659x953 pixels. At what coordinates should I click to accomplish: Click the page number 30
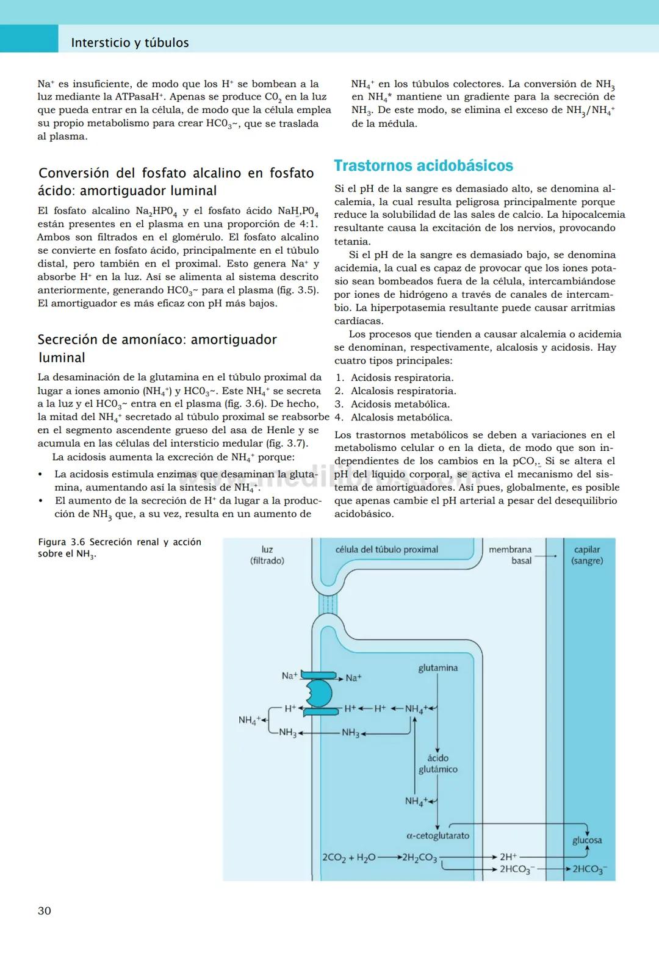(x=45, y=910)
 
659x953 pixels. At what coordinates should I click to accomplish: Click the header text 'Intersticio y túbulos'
(x=129, y=43)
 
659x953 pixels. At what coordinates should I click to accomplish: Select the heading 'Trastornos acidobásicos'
(x=423, y=165)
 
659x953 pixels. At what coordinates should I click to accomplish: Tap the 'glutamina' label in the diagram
(x=438, y=668)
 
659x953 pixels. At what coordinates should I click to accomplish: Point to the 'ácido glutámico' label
(x=438, y=764)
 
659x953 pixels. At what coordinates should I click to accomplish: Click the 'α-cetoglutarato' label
(x=438, y=835)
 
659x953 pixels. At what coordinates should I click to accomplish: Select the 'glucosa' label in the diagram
(x=586, y=840)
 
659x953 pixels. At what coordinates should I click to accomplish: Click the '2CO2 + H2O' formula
(x=349, y=858)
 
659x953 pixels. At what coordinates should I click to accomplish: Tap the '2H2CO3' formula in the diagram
(x=419, y=858)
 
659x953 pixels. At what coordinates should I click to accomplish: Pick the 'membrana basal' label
(x=510, y=555)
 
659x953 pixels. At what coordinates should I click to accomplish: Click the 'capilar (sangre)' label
(x=586, y=555)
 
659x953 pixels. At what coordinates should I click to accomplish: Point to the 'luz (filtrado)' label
(x=267, y=555)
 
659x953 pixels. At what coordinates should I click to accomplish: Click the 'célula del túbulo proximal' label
(x=386, y=549)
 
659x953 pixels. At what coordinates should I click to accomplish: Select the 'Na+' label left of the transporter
(x=289, y=675)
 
